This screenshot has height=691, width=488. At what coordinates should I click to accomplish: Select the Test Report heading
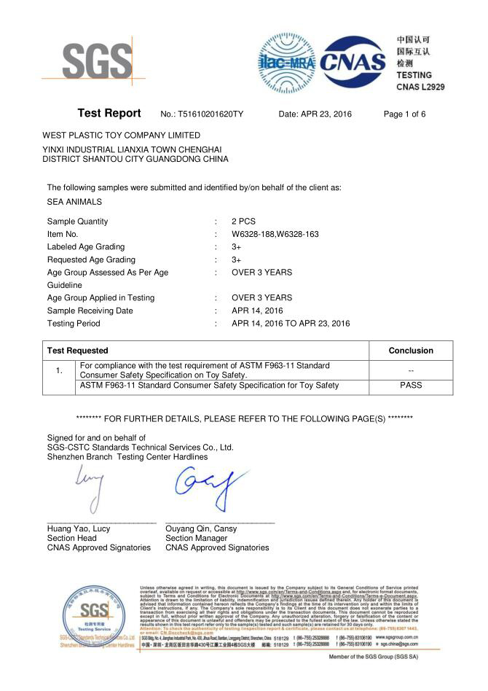point(109,114)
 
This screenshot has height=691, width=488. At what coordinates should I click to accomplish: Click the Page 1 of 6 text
point(404,114)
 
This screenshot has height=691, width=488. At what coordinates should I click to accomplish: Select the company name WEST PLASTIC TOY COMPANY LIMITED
point(121,136)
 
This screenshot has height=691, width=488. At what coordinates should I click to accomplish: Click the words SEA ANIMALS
point(74,202)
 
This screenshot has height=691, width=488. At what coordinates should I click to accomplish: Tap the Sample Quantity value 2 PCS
point(243,222)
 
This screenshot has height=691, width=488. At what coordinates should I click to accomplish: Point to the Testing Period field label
point(74,323)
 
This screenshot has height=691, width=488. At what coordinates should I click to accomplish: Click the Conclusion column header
point(411,351)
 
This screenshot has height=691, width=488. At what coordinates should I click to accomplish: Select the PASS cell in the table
point(411,386)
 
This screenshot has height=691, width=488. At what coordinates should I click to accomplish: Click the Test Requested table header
point(77,351)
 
